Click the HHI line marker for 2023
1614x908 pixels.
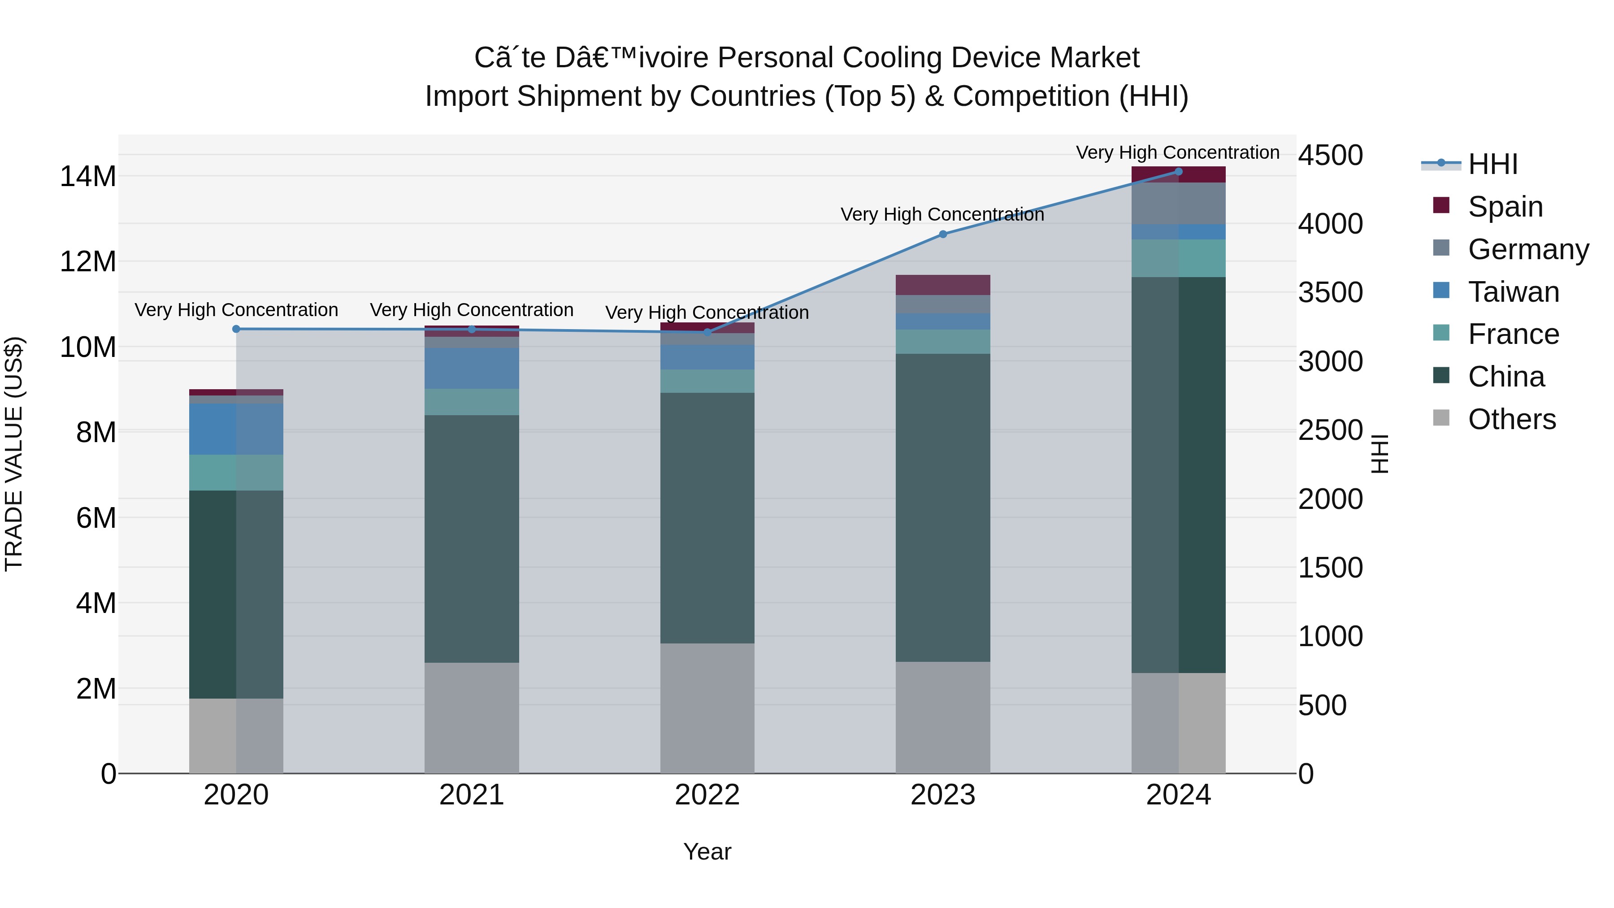[943, 235]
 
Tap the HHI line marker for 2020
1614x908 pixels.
[236, 329]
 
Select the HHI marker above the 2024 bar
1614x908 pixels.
[1179, 172]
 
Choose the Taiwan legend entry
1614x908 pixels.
[1513, 291]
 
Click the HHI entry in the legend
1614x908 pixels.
[1493, 164]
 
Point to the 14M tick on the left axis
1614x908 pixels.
[88, 177]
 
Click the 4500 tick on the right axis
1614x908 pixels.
[1330, 156]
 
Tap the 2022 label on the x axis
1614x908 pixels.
[707, 795]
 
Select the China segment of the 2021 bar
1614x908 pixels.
[472, 539]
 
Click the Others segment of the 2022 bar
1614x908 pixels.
[707, 708]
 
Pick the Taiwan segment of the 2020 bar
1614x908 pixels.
[236, 429]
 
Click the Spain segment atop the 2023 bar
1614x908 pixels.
[943, 285]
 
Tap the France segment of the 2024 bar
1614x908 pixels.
[1179, 258]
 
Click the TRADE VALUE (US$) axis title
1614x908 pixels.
[14, 454]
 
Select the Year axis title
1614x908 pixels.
[707, 852]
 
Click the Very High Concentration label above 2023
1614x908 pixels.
[942, 214]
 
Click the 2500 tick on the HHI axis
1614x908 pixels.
[1330, 430]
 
